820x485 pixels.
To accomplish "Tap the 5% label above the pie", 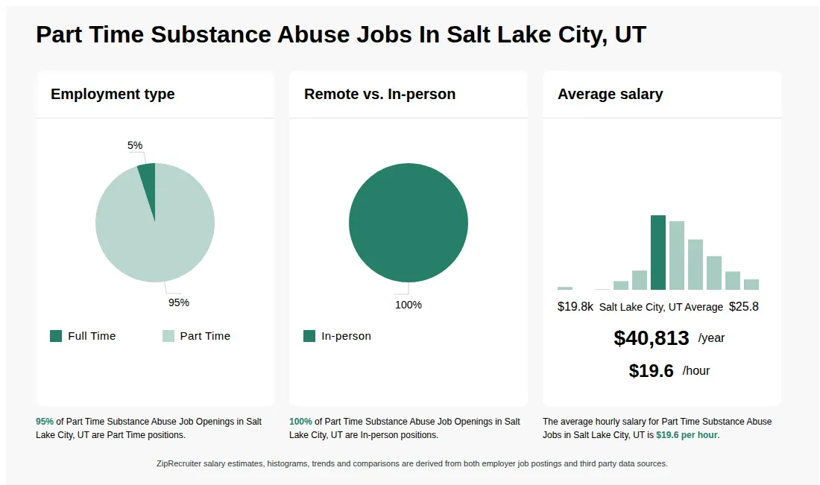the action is (135, 145).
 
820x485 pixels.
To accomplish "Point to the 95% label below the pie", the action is (179, 302).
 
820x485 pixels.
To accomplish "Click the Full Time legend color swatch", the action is (56, 336).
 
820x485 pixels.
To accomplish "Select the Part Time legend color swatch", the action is (168, 336).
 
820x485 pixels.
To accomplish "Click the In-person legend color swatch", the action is (309, 336).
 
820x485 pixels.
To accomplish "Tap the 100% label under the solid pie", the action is (409, 305).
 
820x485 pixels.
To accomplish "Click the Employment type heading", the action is (113, 94).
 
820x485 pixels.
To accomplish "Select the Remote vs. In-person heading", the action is (379, 94).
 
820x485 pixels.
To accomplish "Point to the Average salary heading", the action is (611, 94).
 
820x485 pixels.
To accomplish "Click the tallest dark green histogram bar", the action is (658, 253).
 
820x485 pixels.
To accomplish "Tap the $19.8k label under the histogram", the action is (575, 307).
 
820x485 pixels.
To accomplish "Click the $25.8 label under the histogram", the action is (744, 307).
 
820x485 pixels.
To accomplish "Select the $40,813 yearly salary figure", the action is (651, 338).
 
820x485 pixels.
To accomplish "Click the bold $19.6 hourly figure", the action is (651, 370).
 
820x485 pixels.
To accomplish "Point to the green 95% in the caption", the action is (45, 421).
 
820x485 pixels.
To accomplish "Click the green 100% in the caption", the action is (300, 421).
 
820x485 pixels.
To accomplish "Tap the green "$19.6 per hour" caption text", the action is (687, 435).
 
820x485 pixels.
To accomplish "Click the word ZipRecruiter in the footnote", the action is (179, 463).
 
